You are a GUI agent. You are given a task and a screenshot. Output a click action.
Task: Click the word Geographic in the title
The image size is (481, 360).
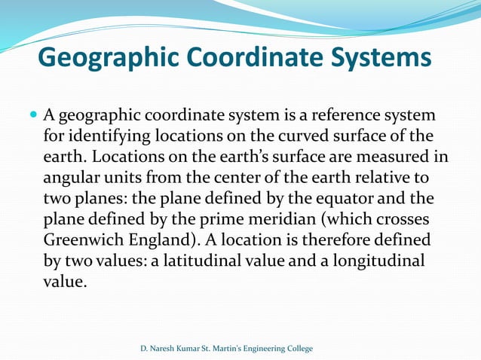[109, 58]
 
